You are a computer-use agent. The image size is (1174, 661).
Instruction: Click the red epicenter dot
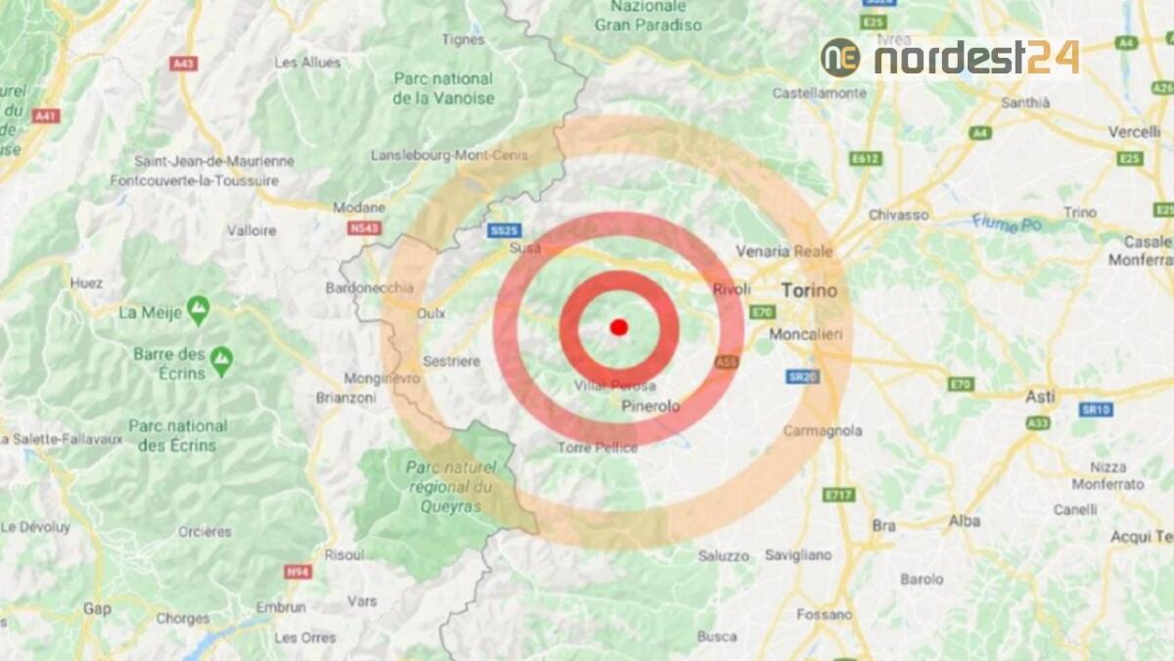pos(618,327)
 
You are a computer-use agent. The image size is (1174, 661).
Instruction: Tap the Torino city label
pos(809,291)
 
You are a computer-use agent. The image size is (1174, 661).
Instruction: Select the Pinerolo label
pos(651,405)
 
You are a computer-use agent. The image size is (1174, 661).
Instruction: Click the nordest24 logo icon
pos(840,58)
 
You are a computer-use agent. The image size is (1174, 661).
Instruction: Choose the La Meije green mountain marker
pos(199,310)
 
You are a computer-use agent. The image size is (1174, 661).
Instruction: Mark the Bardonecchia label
pos(369,288)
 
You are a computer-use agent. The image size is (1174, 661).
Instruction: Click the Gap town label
pos(97,608)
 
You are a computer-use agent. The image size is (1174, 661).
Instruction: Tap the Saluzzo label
pos(724,556)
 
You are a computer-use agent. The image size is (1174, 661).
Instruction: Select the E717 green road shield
pos(838,495)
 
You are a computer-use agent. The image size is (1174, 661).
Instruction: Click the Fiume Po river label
pos(1008,223)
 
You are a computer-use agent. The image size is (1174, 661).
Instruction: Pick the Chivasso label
pos(898,214)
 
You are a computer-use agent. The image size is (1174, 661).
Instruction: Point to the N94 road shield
pos(297,571)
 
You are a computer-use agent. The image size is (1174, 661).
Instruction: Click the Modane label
pos(359,208)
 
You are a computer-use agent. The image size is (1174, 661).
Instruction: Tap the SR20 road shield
pos(803,377)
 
